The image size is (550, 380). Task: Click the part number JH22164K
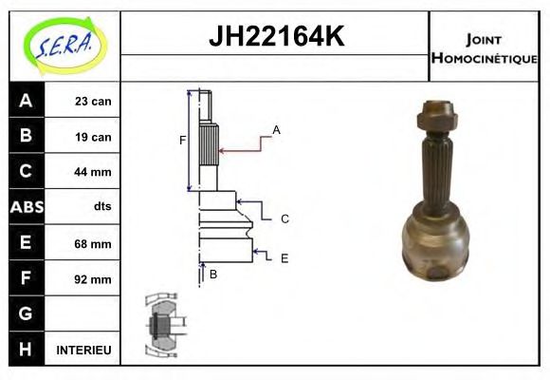click(x=275, y=37)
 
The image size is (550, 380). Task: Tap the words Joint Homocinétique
click(x=484, y=47)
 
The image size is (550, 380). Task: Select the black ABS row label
click(x=26, y=207)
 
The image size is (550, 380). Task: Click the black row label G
click(x=26, y=313)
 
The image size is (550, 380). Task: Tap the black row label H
click(x=26, y=350)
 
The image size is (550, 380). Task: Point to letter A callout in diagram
click(x=277, y=129)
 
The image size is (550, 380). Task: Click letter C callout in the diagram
click(x=284, y=218)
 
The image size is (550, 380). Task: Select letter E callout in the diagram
click(x=284, y=257)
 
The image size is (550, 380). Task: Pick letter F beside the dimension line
click(x=183, y=142)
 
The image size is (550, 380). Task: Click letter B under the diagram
click(x=213, y=275)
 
